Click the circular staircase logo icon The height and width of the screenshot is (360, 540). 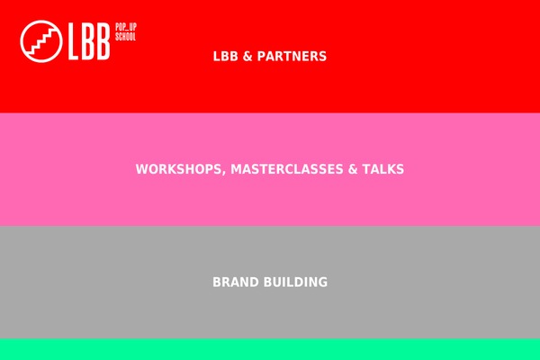click(41, 41)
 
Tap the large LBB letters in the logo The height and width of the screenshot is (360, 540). click(89, 41)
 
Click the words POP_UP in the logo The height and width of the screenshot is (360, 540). click(126, 27)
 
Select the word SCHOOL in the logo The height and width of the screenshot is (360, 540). click(126, 37)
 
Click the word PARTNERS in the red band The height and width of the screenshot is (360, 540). click(292, 57)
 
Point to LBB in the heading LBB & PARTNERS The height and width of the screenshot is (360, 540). click(226, 57)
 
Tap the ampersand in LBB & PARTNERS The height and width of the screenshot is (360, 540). click(247, 57)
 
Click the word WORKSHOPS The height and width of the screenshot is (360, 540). click(179, 169)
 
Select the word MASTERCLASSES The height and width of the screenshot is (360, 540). click(287, 169)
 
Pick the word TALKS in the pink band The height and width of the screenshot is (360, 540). click(383, 169)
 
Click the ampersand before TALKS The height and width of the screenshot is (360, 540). click(353, 169)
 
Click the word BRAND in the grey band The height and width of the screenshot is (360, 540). click(236, 282)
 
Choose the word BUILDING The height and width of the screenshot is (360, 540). click(295, 282)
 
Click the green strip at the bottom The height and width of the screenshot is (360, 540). click(270, 349)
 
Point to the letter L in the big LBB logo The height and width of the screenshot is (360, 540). click(74, 41)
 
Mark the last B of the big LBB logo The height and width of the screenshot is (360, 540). click(103, 41)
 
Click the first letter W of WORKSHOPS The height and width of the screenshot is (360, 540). click(142, 169)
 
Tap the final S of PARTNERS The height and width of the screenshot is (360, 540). click(323, 57)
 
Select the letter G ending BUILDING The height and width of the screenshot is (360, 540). click(323, 282)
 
